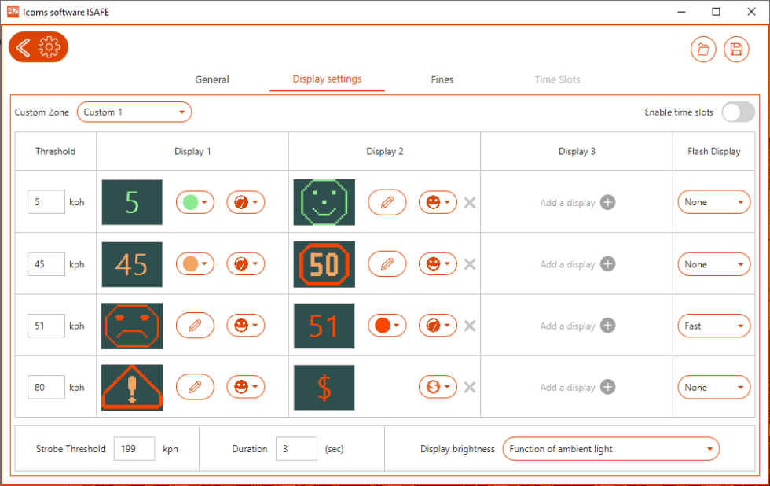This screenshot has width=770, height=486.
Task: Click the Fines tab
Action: (442, 79)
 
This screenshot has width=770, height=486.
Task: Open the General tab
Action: (212, 79)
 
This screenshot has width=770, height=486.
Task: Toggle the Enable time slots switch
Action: (738, 112)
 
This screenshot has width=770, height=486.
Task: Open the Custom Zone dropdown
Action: (134, 112)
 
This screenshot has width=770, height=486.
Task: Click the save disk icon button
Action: (736, 50)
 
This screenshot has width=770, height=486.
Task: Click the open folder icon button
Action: (703, 50)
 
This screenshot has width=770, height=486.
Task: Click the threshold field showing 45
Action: (46, 264)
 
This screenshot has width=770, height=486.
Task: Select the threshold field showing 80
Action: (46, 387)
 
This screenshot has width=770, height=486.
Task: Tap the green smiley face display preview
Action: (324, 202)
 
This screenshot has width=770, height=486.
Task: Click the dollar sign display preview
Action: (324, 387)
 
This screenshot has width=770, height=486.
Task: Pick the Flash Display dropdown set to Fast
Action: (713, 326)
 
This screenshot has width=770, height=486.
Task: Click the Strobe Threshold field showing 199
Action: (134, 449)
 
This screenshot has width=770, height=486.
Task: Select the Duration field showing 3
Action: (296, 449)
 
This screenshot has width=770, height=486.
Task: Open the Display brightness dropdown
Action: (610, 449)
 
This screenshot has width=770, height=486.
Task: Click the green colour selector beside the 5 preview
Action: (195, 202)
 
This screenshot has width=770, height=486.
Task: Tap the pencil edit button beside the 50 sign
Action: (387, 264)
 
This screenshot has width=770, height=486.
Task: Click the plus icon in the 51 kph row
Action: (607, 326)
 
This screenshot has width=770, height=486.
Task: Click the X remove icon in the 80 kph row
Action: (470, 387)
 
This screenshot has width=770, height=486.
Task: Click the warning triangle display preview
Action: (132, 387)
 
